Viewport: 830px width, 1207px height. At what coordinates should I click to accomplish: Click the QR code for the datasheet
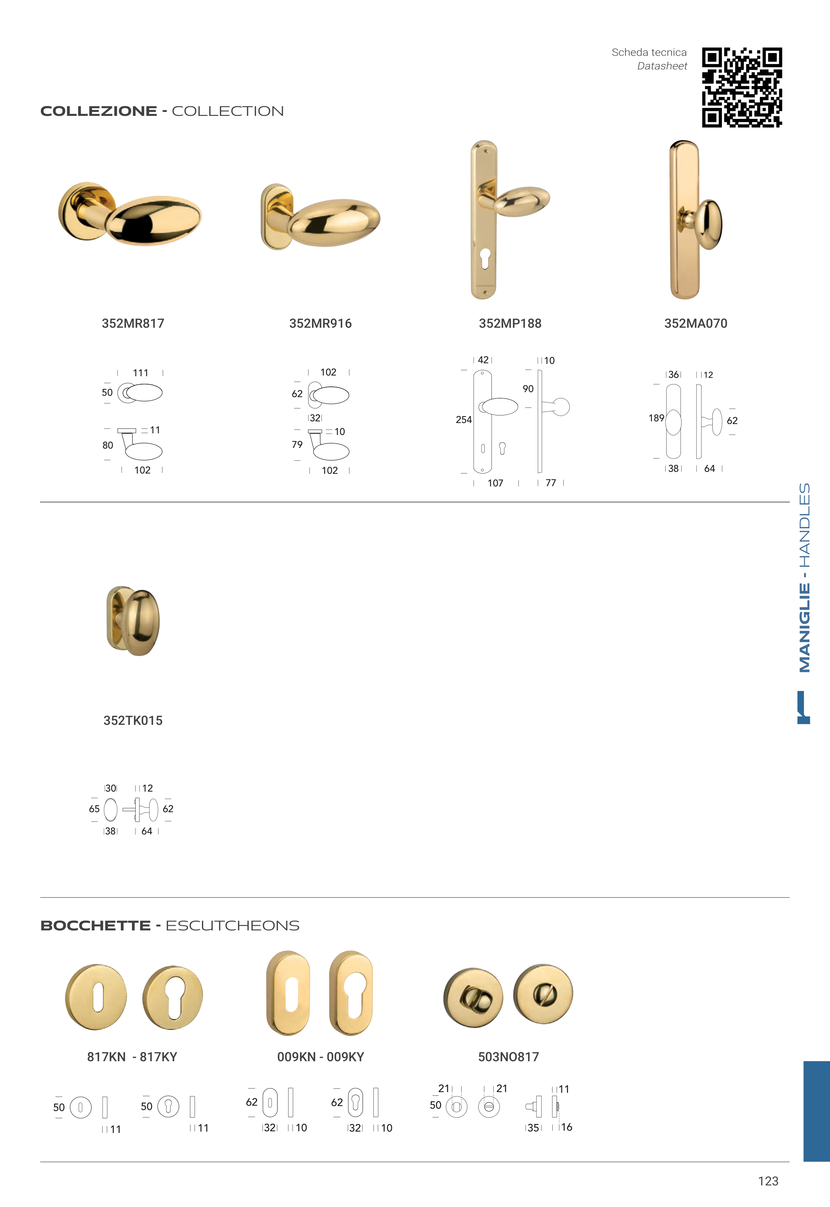tap(742, 87)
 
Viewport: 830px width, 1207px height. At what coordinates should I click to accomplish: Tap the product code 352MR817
tap(133, 323)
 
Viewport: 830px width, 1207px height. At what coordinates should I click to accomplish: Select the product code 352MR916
tap(321, 323)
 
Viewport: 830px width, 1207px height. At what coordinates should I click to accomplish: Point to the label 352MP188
tap(510, 323)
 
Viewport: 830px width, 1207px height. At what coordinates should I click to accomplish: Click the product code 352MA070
tap(696, 323)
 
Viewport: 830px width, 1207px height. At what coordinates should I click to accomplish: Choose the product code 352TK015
tap(133, 721)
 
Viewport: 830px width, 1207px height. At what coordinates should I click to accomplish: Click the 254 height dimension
tap(464, 419)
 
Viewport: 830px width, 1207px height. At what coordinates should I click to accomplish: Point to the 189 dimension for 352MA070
tap(656, 418)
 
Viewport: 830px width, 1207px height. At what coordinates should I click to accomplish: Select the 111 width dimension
tap(140, 373)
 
